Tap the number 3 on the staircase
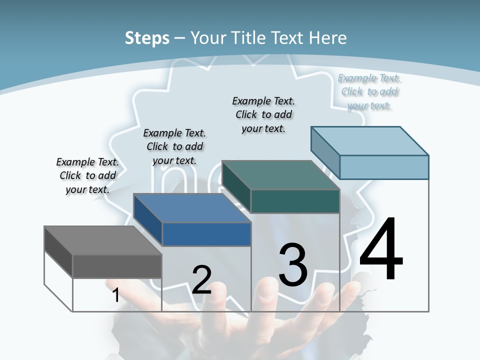(x=293, y=265)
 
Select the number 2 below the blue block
(x=201, y=280)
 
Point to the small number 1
(x=115, y=295)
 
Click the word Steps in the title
(x=147, y=38)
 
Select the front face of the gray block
(x=117, y=266)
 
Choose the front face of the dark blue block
(x=206, y=234)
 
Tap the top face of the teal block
(x=280, y=175)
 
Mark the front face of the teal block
(x=295, y=201)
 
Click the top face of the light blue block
(x=369, y=141)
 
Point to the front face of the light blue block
(x=384, y=167)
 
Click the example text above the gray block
(x=87, y=175)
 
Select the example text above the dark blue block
(x=174, y=146)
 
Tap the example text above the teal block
(x=263, y=114)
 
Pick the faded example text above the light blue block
(x=369, y=91)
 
